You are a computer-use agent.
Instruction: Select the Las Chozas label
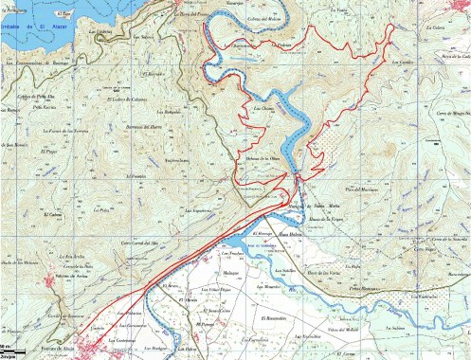(264, 109)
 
